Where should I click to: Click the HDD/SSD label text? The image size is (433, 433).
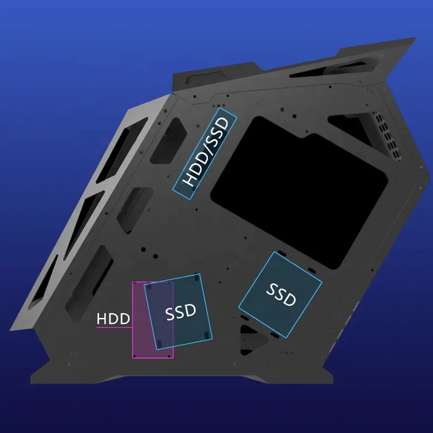[206, 152]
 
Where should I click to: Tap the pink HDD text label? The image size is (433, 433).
[113, 319]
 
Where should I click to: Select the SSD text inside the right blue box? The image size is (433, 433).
[281, 295]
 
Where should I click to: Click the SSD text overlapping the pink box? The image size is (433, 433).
[181, 312]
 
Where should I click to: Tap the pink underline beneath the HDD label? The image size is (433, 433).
[114, 327]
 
